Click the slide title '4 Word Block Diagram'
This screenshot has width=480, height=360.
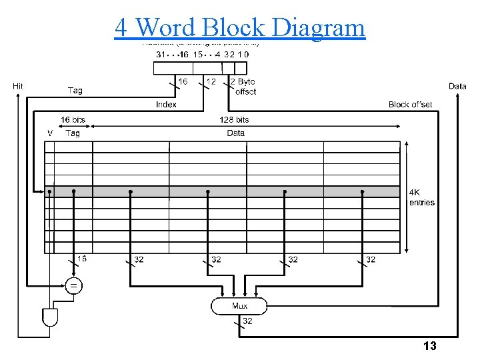point(240,27)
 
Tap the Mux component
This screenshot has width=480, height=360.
point(239,306)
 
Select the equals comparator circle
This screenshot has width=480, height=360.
point(73,286)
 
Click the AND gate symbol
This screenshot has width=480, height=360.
point(50,317)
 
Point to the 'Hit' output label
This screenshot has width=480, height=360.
point(19,86)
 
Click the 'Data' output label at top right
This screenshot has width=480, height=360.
point(457,86)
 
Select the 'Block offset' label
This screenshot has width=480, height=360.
point(410,105)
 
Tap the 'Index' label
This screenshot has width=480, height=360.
point(166,105)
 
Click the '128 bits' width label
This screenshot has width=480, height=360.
point(234,120)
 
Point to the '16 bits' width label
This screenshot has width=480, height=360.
point(73,120)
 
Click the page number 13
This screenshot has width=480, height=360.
point(430,346)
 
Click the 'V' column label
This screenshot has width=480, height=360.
point(50,133)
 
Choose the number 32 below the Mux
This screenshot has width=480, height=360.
point(247,321)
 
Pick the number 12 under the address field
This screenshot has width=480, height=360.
point(211,81)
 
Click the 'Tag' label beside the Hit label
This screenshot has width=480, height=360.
point(75,90)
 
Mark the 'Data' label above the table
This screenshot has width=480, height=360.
point(236,133)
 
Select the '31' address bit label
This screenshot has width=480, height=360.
point(161,54)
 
